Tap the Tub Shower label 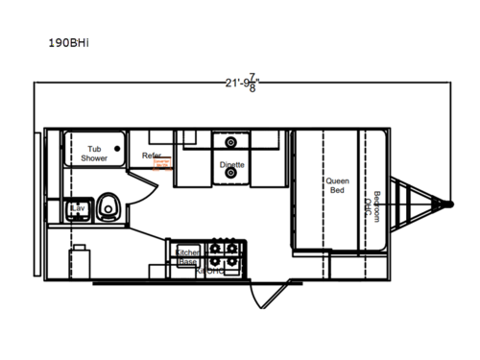click(x=95, y=154)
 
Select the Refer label click(x=152, y=156)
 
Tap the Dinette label click(x=231, y=164)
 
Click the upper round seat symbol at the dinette click(x=230, y=141)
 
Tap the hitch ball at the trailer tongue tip click(x=448, y=203)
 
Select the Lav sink click(x=77, y=209)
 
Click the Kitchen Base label click(x=186, y=256)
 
